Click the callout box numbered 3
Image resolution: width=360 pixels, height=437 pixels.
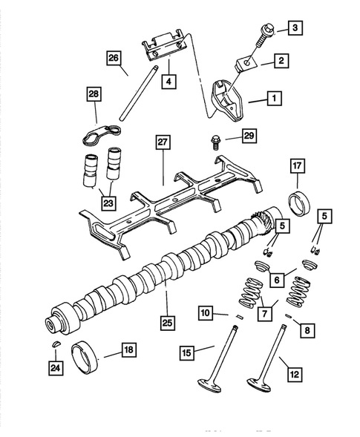pos(295,29)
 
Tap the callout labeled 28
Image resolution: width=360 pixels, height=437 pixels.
pos(94,95)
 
